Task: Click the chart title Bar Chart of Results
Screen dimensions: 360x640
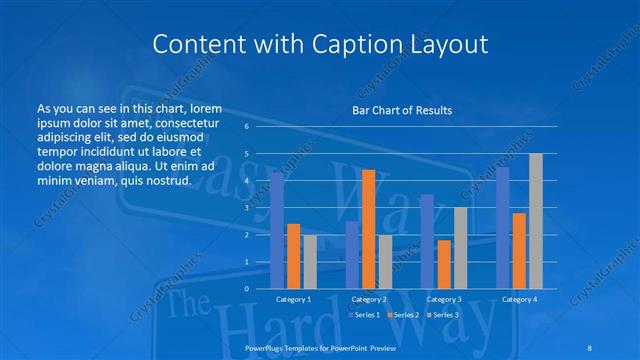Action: click(x=401, y=110)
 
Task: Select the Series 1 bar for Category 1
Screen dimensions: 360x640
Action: click(x=277, y=231)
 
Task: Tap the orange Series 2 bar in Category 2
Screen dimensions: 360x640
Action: click(x=369, y=229)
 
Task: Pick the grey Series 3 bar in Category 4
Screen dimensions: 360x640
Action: click(x=536, y=221)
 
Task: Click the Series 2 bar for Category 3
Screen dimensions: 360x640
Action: click(x=444, y=264)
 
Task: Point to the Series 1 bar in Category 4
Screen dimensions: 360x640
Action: click(x=502, y=228)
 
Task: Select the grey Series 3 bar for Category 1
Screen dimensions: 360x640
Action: click(x=310, y=261)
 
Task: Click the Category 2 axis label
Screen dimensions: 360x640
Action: click(x=369, y=299)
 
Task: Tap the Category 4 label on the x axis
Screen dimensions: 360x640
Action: click(x=519, y=299)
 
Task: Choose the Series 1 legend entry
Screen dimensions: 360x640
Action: click(x=366, y=315)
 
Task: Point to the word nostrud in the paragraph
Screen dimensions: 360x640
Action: click(x=166, y=181)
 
